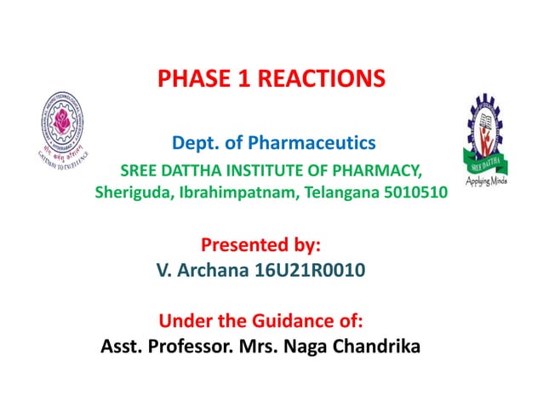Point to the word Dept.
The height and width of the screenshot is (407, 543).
(x=193, y=140)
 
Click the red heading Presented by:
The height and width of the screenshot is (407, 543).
(x=260, y=246)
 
